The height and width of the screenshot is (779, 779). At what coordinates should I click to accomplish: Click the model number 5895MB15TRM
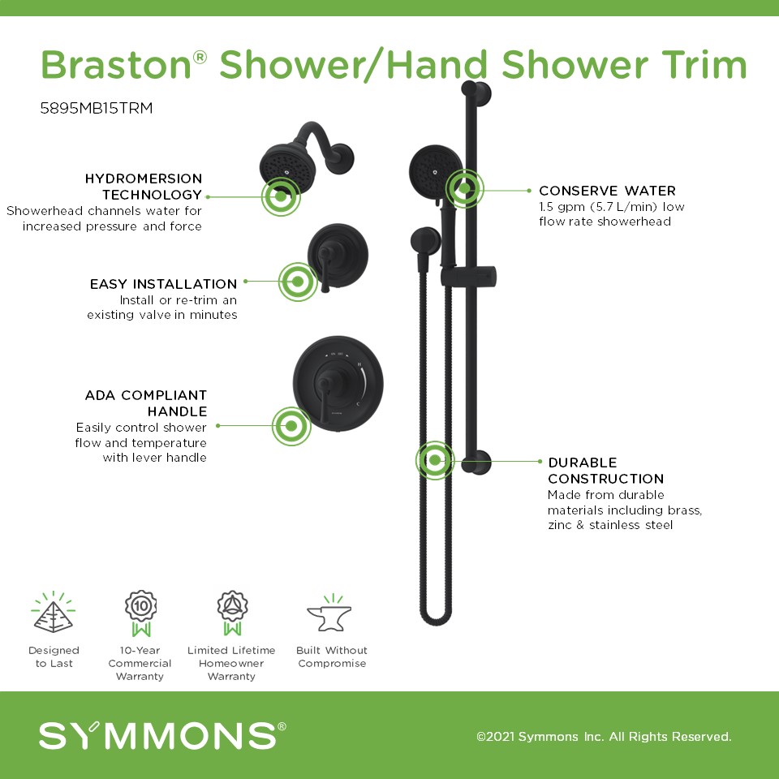tap(97, 108)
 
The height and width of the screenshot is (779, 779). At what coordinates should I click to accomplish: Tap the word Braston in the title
tap(116, 65)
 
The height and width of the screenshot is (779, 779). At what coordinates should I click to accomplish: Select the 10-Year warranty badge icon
tap(140, 613)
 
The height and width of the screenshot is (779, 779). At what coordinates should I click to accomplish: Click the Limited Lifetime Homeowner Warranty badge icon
tap(232, 613)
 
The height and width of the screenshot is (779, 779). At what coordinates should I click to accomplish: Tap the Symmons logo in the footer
tap(162, 735)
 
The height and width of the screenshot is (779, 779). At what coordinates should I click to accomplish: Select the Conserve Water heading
tap(607, 191)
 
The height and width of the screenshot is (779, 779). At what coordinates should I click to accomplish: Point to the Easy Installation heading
tap(163, 284)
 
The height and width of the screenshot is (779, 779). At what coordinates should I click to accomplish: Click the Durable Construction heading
tap(605, 471)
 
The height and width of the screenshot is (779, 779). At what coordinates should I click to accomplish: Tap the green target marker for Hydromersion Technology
tap(281, 196)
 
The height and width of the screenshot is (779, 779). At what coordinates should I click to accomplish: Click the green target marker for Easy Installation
tap(298, 282)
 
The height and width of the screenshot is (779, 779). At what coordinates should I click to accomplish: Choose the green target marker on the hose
tap(435, 461)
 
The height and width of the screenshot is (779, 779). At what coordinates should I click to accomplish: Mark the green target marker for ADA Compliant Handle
tap(291, 426)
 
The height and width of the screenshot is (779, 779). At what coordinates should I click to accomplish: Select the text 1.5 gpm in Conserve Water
tap(562, 207)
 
